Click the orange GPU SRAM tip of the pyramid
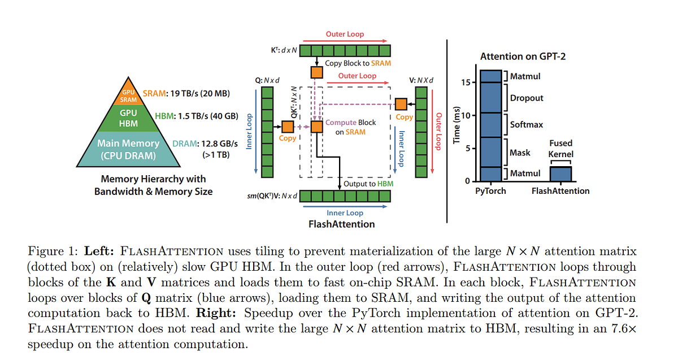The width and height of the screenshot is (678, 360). [128, 96]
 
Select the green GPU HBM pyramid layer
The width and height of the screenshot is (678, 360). [128, 118]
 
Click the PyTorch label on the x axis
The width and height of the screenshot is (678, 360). [490, 191]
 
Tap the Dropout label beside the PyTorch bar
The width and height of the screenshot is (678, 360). [527, 98]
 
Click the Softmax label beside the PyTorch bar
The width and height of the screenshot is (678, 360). [527, 125]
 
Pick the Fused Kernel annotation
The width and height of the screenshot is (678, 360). [560, 148]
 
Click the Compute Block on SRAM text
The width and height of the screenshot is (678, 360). [350, 127]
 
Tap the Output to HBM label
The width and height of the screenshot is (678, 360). [368, 184]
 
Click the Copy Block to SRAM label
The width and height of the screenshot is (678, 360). [358, 63]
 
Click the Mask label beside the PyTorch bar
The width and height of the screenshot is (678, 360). [520, 153]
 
